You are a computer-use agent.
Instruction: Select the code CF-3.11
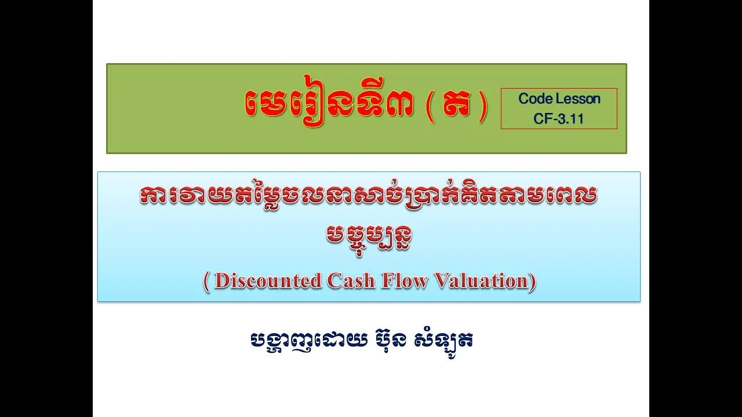pos(558,119)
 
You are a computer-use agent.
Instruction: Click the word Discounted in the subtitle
pos(268,281)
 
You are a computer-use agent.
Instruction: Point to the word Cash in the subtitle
pos(351,281)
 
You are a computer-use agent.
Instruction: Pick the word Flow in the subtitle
pos(404,281)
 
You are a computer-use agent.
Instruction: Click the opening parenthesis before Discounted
pos(207,281)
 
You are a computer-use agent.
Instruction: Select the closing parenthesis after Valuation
pos(531,281)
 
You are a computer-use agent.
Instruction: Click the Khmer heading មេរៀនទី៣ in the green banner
pos(329,105)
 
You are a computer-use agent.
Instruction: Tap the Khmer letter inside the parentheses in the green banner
pos(456,106)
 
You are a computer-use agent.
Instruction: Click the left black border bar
pos(46,209)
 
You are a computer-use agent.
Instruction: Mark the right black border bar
pos(696,209)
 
